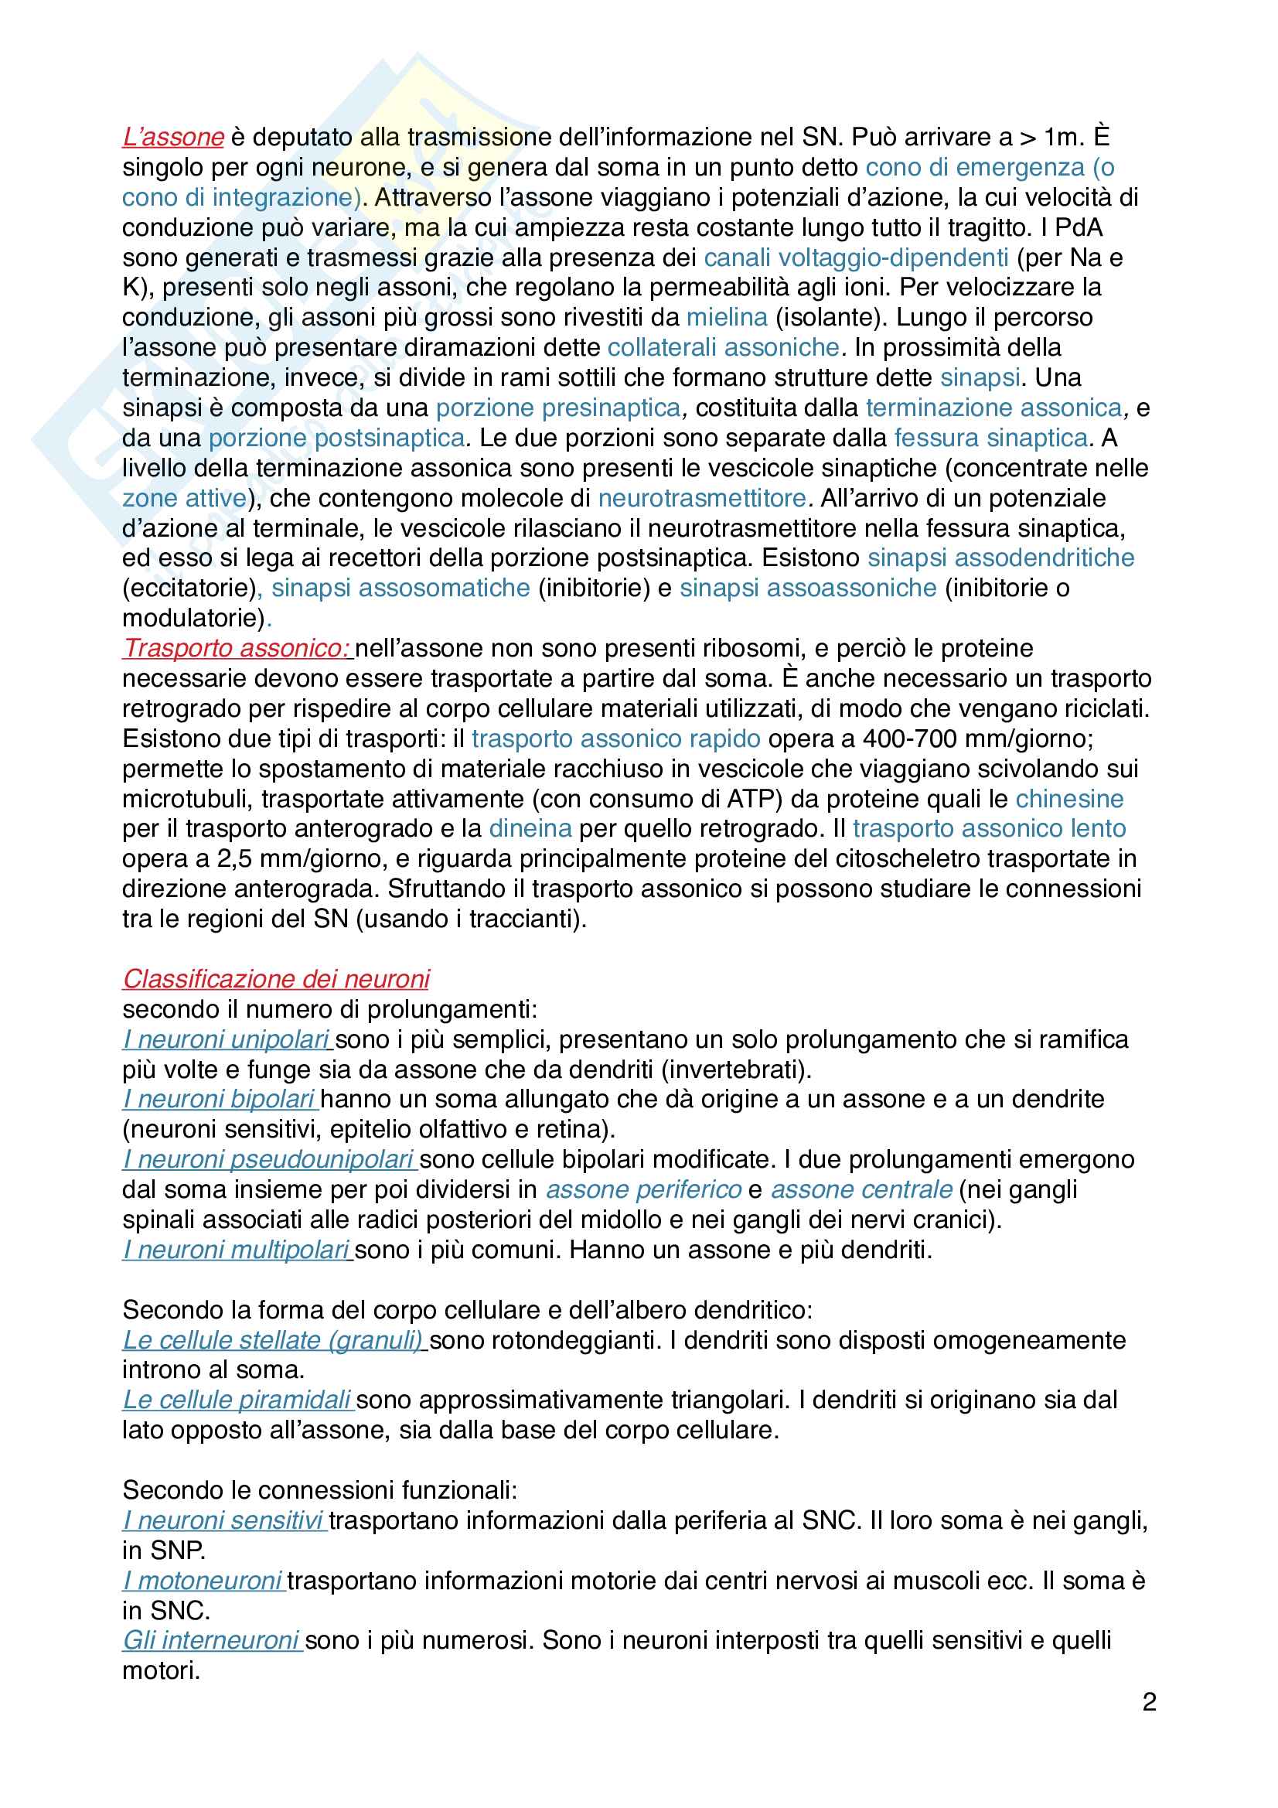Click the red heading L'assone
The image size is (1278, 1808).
(173, 137)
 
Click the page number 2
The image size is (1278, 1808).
(1149, 1703)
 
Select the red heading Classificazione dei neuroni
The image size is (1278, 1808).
(275, 979)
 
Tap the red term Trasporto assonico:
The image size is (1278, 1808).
(237, 648)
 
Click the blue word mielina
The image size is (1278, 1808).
(727, 317)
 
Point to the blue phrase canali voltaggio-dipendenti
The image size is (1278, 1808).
(856, 258)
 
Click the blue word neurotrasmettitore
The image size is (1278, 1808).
(701, 499)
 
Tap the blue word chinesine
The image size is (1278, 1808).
(1069, 799)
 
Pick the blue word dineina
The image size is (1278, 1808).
(530, 828)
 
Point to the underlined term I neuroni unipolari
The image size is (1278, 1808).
(226, 1039)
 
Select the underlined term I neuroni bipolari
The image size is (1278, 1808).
(219, 1100)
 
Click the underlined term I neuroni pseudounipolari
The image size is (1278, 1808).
(268, 1159)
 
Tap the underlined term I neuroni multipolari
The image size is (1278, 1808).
(237, 1250)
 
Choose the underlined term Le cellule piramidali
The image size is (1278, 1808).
(237, 1400)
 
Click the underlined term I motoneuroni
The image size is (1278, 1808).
(203, 1581)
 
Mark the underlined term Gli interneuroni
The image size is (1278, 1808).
(211, 1640)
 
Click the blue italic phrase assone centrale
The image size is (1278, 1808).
(861, 1189)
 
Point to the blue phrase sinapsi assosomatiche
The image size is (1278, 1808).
(400, 588)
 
